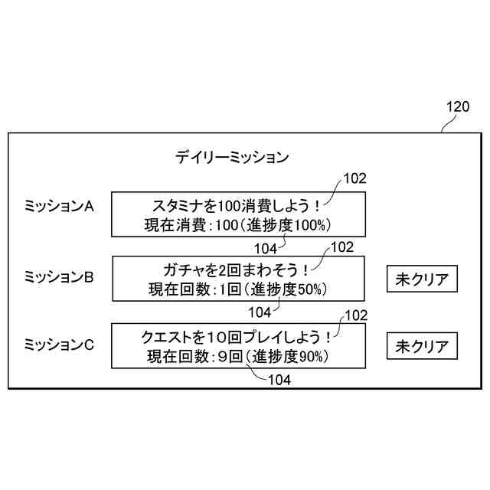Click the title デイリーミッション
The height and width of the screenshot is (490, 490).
point(232,158)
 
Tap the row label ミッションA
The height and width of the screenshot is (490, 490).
point(59,206)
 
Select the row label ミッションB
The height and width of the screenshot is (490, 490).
point(59,277)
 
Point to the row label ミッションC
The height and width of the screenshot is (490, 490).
point(59,345)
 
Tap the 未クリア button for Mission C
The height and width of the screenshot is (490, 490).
point(421,346)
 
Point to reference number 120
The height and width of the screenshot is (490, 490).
point(457,108)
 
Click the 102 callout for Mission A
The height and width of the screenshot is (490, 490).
point(354,179)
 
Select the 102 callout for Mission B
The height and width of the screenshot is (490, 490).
point(341,247)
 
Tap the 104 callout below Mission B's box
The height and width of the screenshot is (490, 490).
point(260,312)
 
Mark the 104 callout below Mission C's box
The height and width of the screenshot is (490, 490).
point(279,379)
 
